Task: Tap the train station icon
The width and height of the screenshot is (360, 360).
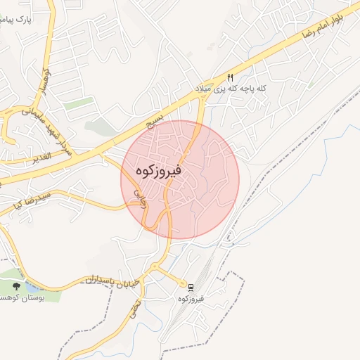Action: click(x=190, y=287)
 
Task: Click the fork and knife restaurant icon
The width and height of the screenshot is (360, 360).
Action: click(x=230, y=77)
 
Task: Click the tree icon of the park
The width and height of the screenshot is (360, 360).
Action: click(x=16, y=287)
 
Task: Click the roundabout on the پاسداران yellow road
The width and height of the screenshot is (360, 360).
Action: click(x=155, y=268)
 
